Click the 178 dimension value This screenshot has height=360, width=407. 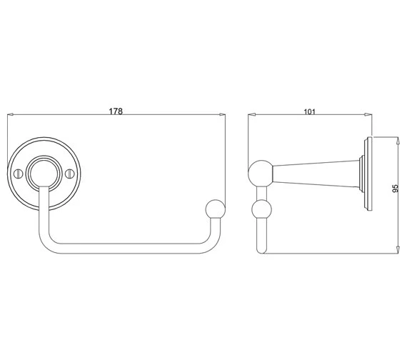coord(116,111)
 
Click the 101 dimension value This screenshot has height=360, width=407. coord(309,111)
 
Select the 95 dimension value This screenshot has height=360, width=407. coord(395,189)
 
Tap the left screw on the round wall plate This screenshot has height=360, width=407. coord(18,174)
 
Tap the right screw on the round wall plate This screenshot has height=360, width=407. coord(70,174)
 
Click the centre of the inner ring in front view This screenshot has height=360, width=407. coord(44,174)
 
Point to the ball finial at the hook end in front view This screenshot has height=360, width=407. coord(215,209)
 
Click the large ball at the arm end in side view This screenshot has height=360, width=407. coord(261,174)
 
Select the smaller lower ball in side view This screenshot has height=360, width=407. coord(261,209)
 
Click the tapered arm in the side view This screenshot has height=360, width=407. coord(316,174)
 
